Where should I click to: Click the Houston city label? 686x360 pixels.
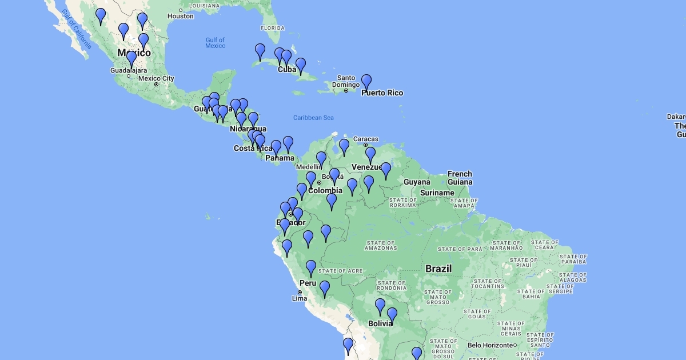(181, 16)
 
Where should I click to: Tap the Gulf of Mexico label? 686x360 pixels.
(216, 43)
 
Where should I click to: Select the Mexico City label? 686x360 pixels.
(156, 78)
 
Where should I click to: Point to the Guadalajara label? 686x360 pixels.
(128, 70)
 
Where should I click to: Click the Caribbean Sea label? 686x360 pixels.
(313, 118)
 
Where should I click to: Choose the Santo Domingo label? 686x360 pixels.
(346, 81)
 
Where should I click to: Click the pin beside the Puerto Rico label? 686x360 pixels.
(366, 82)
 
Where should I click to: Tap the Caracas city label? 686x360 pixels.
(366, 139)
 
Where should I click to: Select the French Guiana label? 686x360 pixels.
(460, 178)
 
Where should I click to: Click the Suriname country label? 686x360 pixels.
(436, 193)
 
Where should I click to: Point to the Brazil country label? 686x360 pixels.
(438, 269)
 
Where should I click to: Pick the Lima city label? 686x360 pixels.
(300, 298)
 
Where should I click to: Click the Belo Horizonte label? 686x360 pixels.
(489, 345)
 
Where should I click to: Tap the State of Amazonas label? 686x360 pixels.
(381, 245)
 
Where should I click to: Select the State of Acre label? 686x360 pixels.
(340, 271)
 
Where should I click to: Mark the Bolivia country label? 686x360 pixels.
(380, 323)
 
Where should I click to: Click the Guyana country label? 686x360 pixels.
(417, 182)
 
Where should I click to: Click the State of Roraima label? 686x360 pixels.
(402, 202)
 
